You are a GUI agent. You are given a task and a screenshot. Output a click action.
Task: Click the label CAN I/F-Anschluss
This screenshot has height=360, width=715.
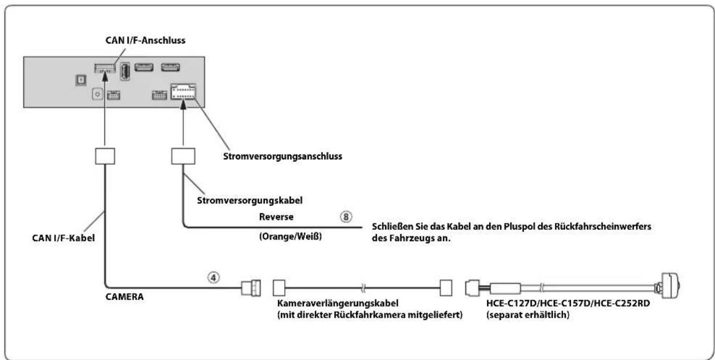point(145,41)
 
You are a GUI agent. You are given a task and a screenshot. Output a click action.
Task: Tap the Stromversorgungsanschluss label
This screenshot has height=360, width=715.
point(283,156)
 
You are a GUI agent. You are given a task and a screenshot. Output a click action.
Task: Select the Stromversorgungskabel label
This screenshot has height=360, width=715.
point(250,201)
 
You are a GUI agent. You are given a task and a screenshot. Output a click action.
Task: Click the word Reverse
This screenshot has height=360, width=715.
point(276,217)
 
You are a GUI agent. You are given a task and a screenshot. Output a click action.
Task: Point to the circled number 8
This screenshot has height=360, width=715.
point(346,217)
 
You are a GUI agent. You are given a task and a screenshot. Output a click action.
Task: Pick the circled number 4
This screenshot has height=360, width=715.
point(214,278)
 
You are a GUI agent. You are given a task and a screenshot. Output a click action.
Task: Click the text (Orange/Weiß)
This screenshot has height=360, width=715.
point(290,236)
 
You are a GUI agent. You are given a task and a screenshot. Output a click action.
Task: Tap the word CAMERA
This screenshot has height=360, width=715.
point(124,297)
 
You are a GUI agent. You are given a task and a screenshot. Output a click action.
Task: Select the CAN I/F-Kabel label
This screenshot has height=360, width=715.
point(63,238)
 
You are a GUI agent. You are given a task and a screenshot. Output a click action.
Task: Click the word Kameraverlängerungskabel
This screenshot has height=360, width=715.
point(338,303)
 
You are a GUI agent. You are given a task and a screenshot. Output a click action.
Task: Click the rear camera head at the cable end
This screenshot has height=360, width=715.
point(669,286)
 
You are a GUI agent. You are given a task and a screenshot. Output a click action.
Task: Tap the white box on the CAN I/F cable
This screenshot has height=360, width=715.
point(105,156)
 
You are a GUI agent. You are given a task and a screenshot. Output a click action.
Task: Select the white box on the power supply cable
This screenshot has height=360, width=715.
point(183,156)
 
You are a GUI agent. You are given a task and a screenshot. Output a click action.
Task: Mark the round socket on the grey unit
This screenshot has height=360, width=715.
point(97,94)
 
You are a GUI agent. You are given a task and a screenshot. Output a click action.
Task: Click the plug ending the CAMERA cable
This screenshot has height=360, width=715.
point(251,288)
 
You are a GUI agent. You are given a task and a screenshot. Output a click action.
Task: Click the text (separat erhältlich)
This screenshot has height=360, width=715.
point(528,315)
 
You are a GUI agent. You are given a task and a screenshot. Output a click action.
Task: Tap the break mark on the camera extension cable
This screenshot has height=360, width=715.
point(363,288)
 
